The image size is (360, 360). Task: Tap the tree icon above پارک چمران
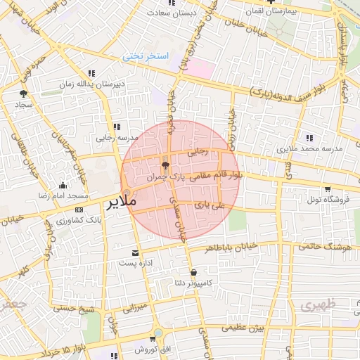click(165, 166)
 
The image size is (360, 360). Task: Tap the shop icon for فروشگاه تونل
click(328, 189)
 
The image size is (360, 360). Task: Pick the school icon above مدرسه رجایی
click(115, 127)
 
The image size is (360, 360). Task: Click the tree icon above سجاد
click(23, 94)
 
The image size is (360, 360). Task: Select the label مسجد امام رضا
click(63, 194)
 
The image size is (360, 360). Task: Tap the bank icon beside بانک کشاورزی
click(78, 210)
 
